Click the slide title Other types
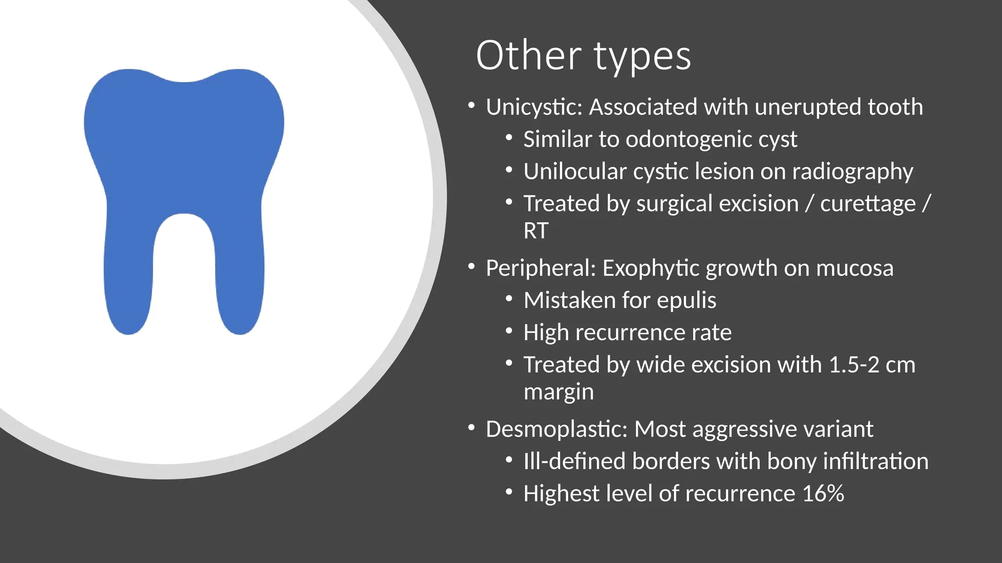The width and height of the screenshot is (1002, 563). coord(583,56)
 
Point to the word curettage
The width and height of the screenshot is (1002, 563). coord(867,204)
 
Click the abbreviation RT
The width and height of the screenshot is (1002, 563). coord(536,231)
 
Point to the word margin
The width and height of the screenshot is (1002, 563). coord(558,392)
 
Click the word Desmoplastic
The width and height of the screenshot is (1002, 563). coord(556,429)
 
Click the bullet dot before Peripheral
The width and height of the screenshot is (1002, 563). coord(471,266)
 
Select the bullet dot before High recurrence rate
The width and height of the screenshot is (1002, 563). coord(509,331)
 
